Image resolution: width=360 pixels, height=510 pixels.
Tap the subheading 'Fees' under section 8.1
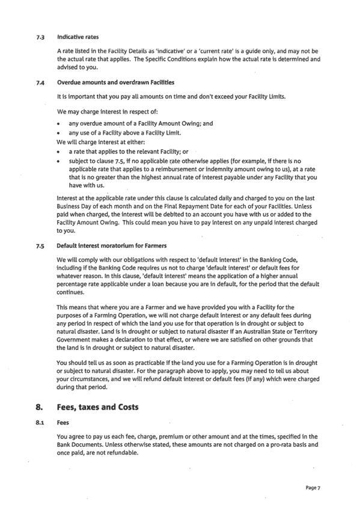[63, 423]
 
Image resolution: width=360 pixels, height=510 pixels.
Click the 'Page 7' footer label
[313, 488]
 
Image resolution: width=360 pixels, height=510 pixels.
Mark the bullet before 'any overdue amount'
[59, 124]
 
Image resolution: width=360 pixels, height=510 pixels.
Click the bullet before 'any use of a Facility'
[59, 133]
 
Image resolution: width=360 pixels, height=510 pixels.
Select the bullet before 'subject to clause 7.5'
[59, 161]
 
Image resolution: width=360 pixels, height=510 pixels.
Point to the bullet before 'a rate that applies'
[59, 152]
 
